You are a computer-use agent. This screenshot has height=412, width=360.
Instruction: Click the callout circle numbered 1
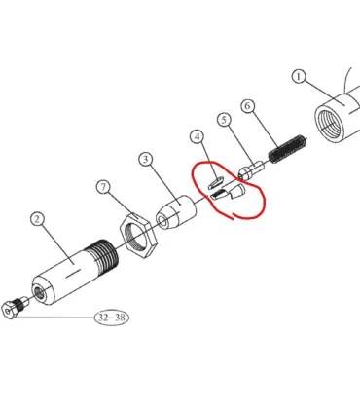pyautogui.click(x=299, y=77)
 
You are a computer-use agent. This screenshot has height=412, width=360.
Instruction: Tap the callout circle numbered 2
pyautogui.click(x=37, y=219)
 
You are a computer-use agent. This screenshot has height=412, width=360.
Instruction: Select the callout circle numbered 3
pyautogui.click(x=146, y=159)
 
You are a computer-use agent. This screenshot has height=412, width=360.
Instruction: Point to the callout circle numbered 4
pyautogui.click(x=198, y=136)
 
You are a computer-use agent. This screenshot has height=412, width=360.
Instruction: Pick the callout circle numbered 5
pyautogui.click(x=224, y=120)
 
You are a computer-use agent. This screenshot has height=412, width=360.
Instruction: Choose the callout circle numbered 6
pyautogui.click(x=248, y=106)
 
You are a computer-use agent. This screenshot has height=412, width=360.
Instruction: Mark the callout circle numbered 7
pyautogui.click(x=103, y=187)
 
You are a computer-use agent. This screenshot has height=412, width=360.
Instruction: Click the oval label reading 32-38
pyautogui.click(x=112, y=318)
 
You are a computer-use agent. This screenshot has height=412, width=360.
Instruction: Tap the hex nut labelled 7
pyautogui.click(x=138, y=235)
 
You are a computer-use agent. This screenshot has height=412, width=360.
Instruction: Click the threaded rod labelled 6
pyautogui.click(x=288, y=149)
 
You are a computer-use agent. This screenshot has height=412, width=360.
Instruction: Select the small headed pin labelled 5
pyautogui.click(x=251, y=170)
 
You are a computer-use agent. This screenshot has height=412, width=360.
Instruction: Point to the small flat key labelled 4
pyautogui.click(x=215, y=183)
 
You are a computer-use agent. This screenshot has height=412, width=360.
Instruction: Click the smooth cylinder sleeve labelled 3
pyautogui.click(x=176, y=212)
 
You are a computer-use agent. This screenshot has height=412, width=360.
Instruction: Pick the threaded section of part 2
pyautogui.click(x=102, y=257)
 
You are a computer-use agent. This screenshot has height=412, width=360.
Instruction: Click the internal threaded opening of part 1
pyautogui.click(x=330, y=125)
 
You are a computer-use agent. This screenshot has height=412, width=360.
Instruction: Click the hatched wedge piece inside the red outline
pyautogui.click(x=220, y=196)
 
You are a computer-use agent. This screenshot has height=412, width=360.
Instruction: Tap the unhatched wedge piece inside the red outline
pyautogui.click(x=236, y=191)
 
